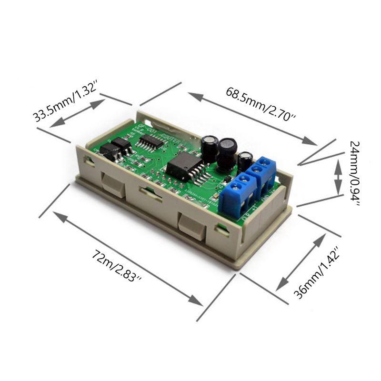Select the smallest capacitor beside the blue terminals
[x=246, y=160]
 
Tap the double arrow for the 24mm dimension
[x=338, y=177]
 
